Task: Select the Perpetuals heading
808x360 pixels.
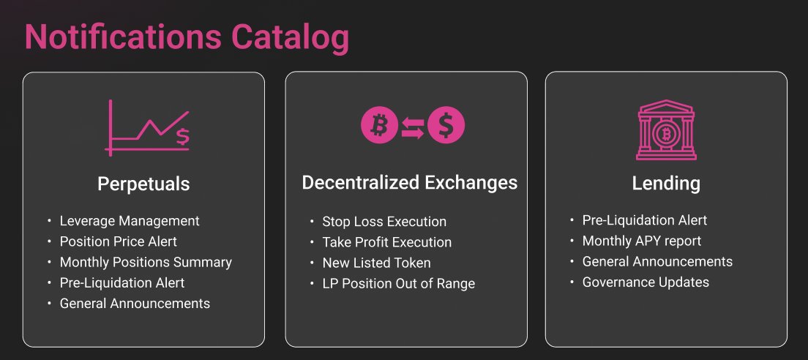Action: click(x=143, y=184)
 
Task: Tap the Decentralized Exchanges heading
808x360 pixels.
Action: click(x=409, y=182)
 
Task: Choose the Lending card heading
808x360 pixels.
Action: click(x=666, y=184)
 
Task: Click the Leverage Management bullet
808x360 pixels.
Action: click(x=130, y=220)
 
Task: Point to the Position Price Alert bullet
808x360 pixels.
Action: click(x=118, y=241)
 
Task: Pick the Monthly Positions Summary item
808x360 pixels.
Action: click(x=146, y=262)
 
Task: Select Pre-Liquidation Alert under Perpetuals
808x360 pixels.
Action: click(x=122, y=282)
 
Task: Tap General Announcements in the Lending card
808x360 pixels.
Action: click(x=657, y=261)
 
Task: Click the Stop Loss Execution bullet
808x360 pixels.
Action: click(x=384, y=222)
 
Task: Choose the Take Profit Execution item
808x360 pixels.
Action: click(x=386, y=242)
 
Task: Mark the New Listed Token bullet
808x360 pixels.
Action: click(x=376, y=263)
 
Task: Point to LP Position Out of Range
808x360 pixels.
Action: click(x=398, y=283)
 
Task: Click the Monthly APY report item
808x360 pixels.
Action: click(x=641, y=241)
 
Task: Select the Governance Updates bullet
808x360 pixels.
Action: click(x=646, y=282)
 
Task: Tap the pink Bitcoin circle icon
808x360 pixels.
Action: click(x=378, y=125)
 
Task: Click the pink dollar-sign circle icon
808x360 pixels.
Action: click(x=446, y=125)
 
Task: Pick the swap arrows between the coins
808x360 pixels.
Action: click(x=413, y=127)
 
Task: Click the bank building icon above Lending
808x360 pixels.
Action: click(x=665, y=130)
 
